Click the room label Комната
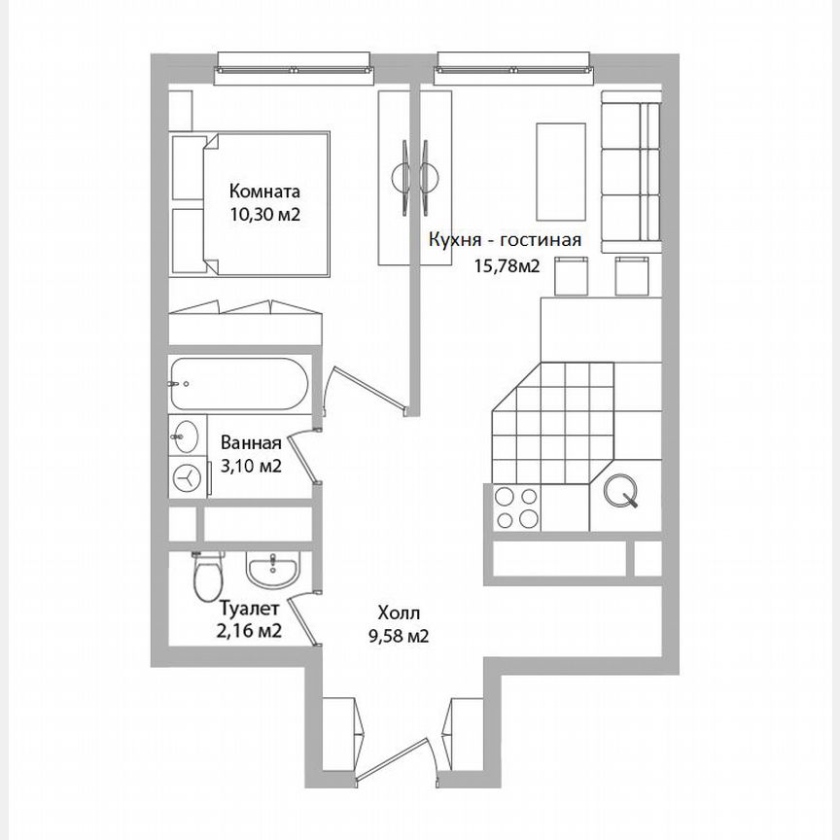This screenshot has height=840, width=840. tap(264, 192)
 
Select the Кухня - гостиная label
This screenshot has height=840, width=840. tap(506, 240)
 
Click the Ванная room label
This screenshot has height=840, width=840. tap(251, 444)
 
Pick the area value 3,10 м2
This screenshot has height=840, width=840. tap(251, 466)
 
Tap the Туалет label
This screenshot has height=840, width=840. tap(250, 609)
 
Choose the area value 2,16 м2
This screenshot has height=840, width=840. tap(250, 631)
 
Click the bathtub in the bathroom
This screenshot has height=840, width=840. tap(238, 385)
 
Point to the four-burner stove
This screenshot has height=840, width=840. tap(516, 507)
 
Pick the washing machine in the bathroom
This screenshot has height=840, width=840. tap(187, 477)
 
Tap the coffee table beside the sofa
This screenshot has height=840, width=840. tap(561, 172)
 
